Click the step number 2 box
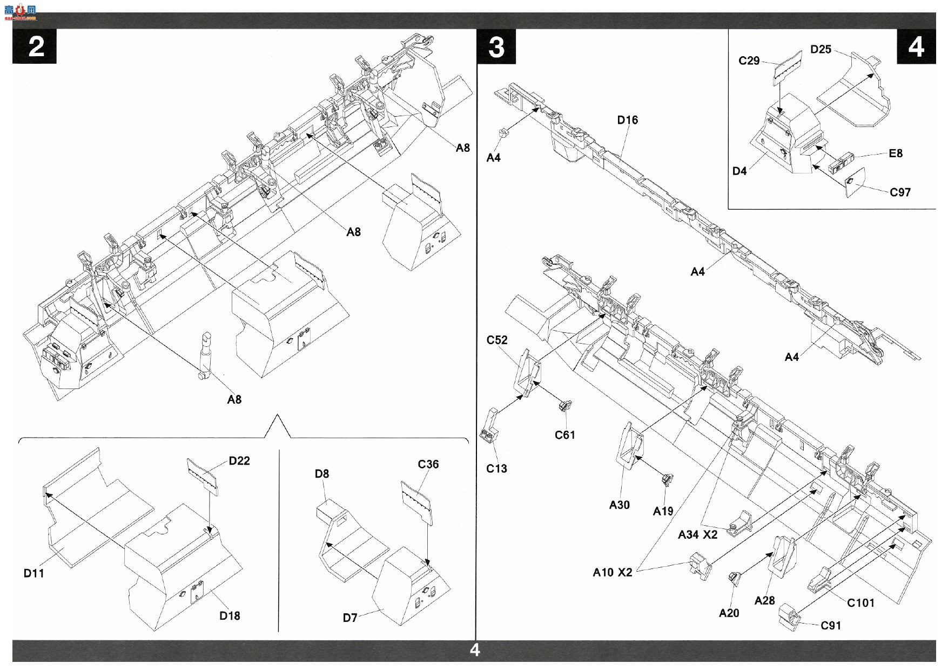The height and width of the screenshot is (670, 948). tap(35, 46)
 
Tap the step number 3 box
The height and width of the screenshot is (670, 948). tap(496, 46)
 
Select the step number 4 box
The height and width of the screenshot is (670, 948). tap(916, 46)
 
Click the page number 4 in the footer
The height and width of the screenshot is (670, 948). tap(475, 650)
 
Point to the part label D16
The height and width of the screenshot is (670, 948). tap(628, 120)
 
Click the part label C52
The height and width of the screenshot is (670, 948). tap(497, 340)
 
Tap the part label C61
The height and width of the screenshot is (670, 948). tap(565, 435)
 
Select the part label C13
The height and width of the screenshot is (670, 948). tap(496, 468)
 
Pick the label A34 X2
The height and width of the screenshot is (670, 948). tap(698, 535)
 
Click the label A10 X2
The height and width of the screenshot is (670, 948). tap(613, 572)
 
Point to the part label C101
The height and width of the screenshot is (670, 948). tap(861, 603)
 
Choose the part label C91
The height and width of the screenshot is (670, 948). tap(831, 626)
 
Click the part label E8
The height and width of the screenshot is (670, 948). tap(896, 153)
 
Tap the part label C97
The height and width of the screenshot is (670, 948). tap(900, 192)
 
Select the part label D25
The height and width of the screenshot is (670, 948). tap(821, 49)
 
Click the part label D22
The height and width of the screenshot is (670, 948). tap(239, 461)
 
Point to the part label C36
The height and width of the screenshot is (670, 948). tap(428, 464)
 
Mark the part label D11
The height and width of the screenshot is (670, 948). tap(33, 573)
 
